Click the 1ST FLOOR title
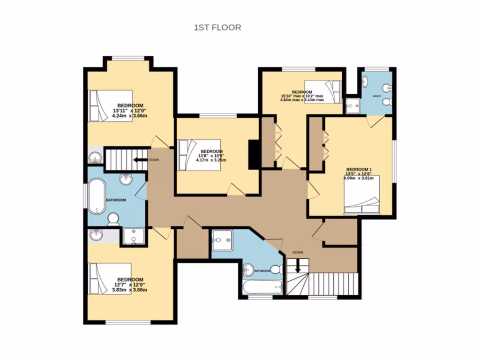[217, 28]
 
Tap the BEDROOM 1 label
[359, 169]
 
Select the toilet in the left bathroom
[113, 219]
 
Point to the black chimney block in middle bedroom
[254, 154]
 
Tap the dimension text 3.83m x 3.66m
[130, 290]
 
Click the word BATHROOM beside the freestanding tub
[116, 200]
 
